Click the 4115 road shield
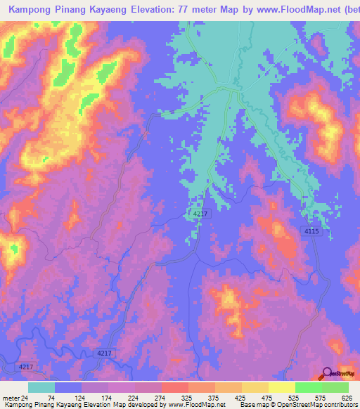pos(314,231)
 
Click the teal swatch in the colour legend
pos(41,387)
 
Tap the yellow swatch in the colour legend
pos(282,387)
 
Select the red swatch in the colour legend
pos(174,387)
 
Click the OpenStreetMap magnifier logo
pos(326,372)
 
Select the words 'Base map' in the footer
pos(252,405)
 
